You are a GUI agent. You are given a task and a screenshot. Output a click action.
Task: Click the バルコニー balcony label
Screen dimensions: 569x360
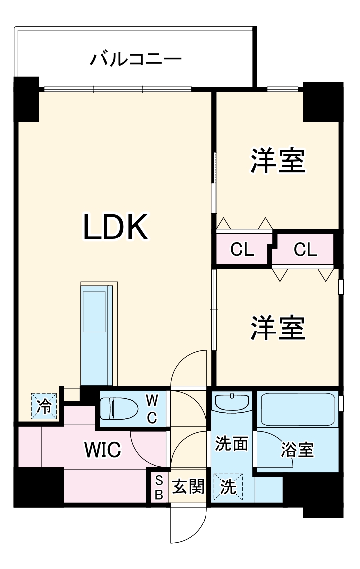coord(135,60)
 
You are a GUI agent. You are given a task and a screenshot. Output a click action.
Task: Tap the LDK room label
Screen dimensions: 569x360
coord(115,228)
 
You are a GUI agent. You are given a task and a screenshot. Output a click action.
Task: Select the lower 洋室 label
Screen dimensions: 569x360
coord(277,328)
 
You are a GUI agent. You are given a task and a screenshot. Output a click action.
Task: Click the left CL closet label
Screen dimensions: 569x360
coord(242,250)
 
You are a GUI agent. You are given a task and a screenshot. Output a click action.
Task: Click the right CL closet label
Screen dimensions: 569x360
coord(305,250)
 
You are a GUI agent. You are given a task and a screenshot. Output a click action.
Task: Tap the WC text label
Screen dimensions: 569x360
coord(152,409)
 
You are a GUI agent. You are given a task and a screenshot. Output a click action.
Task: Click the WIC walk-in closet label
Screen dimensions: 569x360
coord(103,450)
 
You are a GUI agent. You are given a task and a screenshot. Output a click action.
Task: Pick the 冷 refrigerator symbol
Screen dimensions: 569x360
coord(45,407)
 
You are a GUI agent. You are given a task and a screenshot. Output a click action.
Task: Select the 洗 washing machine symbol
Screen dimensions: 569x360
coord(228,487)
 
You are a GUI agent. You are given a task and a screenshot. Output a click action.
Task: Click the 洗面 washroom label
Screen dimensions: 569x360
coord(231,444)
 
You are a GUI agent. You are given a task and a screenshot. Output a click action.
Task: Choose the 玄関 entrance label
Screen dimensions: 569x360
coord(188,487)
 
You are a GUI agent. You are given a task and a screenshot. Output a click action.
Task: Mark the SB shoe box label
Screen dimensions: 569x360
coord(159,487)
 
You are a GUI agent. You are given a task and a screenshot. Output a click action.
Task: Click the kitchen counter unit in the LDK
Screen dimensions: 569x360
coord(97,334)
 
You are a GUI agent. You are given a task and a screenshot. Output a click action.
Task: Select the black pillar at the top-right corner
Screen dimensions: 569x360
coord(323,101)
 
